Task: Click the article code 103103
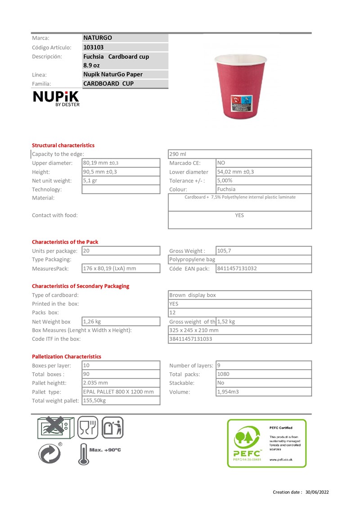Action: click(94, 47)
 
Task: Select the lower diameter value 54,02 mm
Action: click(235, 172)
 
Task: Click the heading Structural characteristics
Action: click(63, 145)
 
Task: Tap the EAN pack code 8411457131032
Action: click(237, 268)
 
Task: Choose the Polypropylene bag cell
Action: click(192, 259)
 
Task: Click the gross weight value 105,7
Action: click(225, 250)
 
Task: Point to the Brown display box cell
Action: click(193, 295)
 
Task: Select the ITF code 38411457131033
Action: click(191, 339)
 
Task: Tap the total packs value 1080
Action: click(224, 374)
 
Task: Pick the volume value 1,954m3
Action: click(228, 392)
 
